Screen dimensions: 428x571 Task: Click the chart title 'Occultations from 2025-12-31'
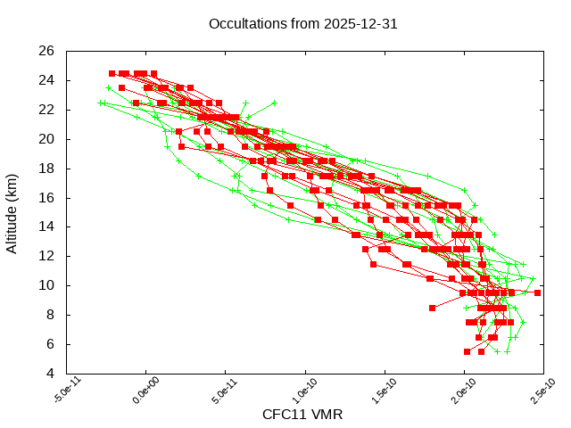click(x=302, y=24)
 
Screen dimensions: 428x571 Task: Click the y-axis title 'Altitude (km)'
click(x=12, y=211)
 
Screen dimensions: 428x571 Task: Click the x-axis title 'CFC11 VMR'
click(x=302, y=415)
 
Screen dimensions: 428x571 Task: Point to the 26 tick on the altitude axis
click(x=47, y=51)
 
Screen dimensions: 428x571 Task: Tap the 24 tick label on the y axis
click(x=47, y=80)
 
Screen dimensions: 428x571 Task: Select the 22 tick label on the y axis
click(x=47, y=110)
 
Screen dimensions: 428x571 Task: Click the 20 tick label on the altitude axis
click(x=47, y=139)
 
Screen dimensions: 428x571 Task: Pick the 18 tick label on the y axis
click(x=47, y=168)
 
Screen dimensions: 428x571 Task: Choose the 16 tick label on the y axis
click(x=47, y=197)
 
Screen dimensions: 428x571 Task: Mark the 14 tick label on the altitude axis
click(x=47, y=226)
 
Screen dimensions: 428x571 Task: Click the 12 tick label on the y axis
click(x=47, y=256)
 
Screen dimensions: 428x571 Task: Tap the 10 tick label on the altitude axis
click(x=47, y=285)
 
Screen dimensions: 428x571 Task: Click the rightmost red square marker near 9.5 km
click(x=537, y=292)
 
